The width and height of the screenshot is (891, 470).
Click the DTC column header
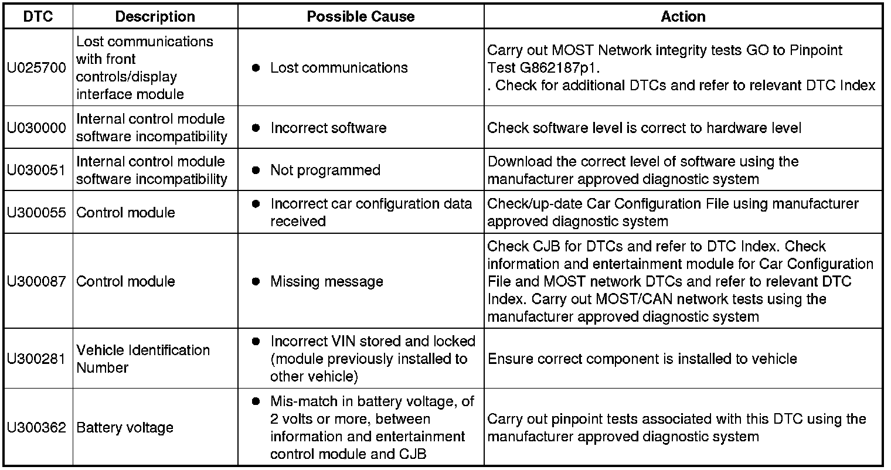click(38, 16)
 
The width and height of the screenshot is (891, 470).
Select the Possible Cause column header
click(361, 16)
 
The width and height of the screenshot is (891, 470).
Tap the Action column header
click(683, 16)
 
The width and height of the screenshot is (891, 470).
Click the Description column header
click(155, 16)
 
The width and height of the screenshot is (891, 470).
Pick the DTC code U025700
click(37, 68)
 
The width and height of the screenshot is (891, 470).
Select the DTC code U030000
click(37, 128)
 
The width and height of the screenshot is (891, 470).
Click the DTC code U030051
click(37, 170)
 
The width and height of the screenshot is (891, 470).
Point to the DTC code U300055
click(37, 212)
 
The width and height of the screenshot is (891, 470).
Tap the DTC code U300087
click(37, 281)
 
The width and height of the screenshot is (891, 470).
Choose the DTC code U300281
click(37, 359)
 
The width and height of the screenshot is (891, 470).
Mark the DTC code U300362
click(37, 428)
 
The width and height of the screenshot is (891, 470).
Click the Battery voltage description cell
click(125, 428)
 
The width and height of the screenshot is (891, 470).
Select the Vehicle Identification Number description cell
click(143, 359)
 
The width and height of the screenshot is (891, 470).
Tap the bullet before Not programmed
click(256, 170)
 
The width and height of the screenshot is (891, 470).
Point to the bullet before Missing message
click(256, 281)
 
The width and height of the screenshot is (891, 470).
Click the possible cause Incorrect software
click(328, 128)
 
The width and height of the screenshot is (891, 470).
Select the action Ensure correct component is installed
click(642, 359)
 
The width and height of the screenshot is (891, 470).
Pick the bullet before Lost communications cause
click(256, 68)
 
